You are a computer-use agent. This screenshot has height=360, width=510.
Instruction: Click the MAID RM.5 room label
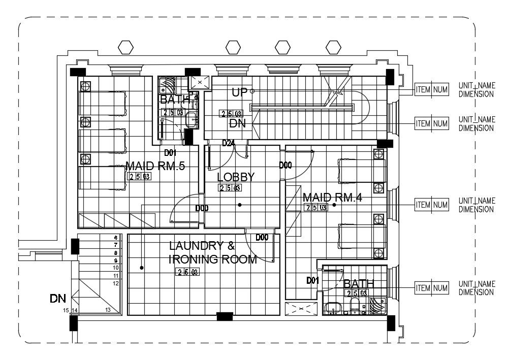pos(155,166)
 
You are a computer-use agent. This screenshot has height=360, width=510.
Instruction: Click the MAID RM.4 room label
pos(332,197)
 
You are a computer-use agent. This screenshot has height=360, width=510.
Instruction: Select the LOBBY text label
pos(235,177)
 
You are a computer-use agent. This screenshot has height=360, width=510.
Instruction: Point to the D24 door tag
pos(229,143)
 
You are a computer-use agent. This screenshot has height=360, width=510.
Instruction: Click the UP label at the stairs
pos(239,92)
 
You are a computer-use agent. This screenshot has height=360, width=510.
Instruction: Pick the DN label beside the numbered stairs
pos(57,298)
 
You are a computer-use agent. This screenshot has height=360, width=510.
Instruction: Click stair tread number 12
pos(116,283)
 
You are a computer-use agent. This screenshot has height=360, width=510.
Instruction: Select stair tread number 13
pos(108,310)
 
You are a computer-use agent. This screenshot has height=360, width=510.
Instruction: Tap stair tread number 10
pos(116,268)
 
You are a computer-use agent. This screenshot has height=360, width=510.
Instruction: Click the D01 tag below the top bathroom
pos(170,152)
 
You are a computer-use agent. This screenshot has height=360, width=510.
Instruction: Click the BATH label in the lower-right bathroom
pos(359,283)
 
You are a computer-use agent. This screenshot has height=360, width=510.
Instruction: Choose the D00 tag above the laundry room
pos(262,237)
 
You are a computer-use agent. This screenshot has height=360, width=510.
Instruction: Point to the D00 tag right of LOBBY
pos(285,165)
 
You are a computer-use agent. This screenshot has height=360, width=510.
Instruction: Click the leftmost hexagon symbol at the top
pos(125,47)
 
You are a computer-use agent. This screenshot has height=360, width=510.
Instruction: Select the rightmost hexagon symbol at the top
pos(333,47)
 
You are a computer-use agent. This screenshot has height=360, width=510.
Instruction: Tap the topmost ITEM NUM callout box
pos(432,90)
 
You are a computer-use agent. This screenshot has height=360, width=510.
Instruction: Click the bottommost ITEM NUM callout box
pos(432,288)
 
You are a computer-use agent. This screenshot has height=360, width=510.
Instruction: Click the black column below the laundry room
pos(225,317)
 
